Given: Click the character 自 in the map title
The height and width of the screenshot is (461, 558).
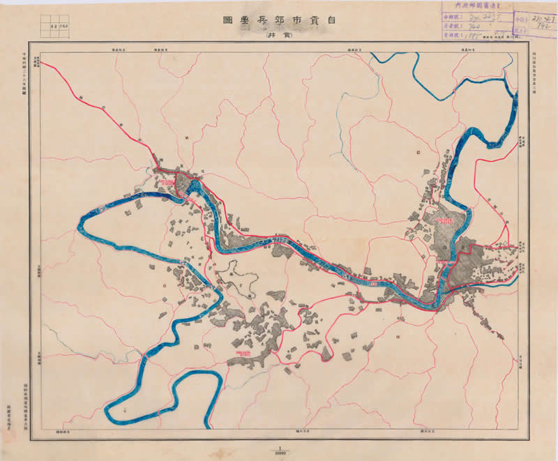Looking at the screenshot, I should click(x=342, y=20).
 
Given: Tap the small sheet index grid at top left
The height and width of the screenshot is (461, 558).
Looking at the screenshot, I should click(x=58, y=27).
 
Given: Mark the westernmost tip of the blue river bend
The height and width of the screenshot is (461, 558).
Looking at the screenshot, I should click(x=78, y=225).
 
